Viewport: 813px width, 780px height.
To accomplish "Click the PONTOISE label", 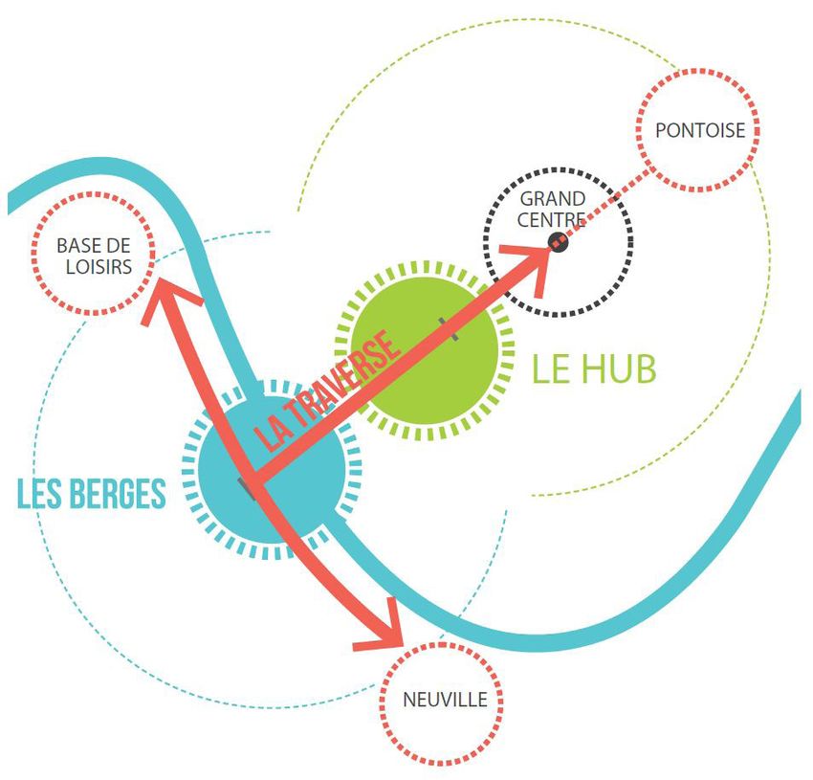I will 699,130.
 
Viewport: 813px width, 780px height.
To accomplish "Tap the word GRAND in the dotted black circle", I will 553,199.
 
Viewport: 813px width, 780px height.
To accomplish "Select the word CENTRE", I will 553,221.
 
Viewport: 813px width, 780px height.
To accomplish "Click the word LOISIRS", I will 93,268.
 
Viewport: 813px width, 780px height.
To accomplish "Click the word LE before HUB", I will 549,368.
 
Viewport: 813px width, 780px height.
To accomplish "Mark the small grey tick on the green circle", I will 442,328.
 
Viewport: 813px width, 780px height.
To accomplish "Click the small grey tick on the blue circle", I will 249,490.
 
